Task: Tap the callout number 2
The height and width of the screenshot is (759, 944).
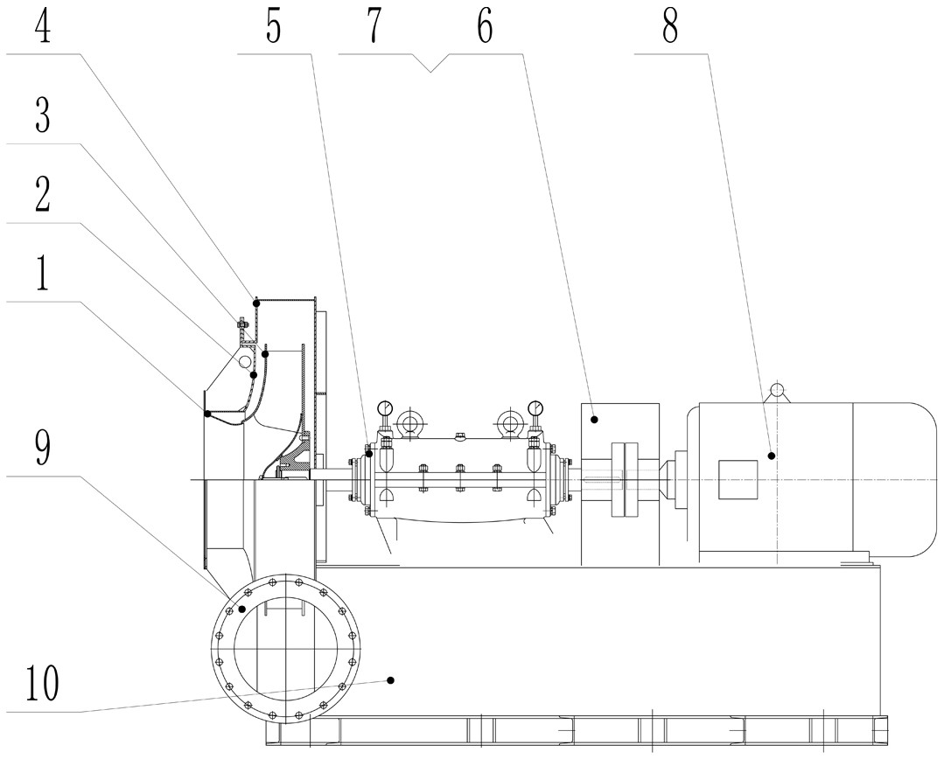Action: tap(42, 198)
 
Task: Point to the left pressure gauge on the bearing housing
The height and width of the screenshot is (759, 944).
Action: tap(384, 407)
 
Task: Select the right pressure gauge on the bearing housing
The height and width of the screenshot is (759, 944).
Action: tap(535, 407)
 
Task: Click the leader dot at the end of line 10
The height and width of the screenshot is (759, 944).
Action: tap(391, 679)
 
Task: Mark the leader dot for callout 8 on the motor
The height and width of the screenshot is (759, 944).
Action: tap(772, 455)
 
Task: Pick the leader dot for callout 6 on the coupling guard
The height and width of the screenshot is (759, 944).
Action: tap(593, 420)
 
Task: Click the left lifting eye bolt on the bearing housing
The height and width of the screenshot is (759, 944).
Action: tap(408, 425)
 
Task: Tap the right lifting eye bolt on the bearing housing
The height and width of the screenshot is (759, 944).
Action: tap(510, 425)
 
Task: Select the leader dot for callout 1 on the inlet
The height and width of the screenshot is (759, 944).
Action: tap(207, 413)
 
